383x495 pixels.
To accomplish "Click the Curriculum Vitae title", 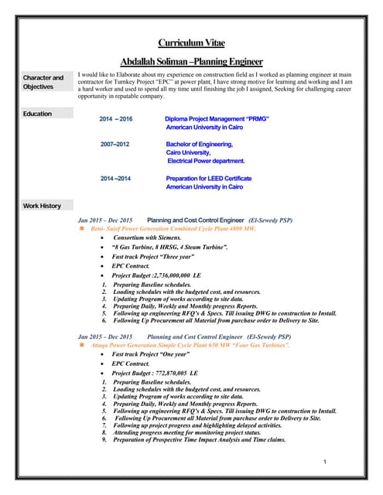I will [191, 43].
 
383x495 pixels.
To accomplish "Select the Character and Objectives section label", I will [43, 82].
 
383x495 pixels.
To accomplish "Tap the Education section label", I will [37, 114].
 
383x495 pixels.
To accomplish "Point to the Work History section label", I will [42, 206].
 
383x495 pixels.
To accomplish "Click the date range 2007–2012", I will [115, 144].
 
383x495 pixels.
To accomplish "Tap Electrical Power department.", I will [206, 161].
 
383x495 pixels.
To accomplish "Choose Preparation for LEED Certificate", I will [209, 179].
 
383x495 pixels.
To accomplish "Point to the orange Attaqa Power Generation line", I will [190, 345].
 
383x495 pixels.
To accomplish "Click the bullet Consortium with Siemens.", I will [145, 237].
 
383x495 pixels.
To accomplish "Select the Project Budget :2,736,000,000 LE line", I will [156, 275].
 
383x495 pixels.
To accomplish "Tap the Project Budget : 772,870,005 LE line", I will [155, 373].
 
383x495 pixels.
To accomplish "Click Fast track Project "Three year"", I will [153, 256].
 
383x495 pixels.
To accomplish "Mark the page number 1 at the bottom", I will [327, 462].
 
